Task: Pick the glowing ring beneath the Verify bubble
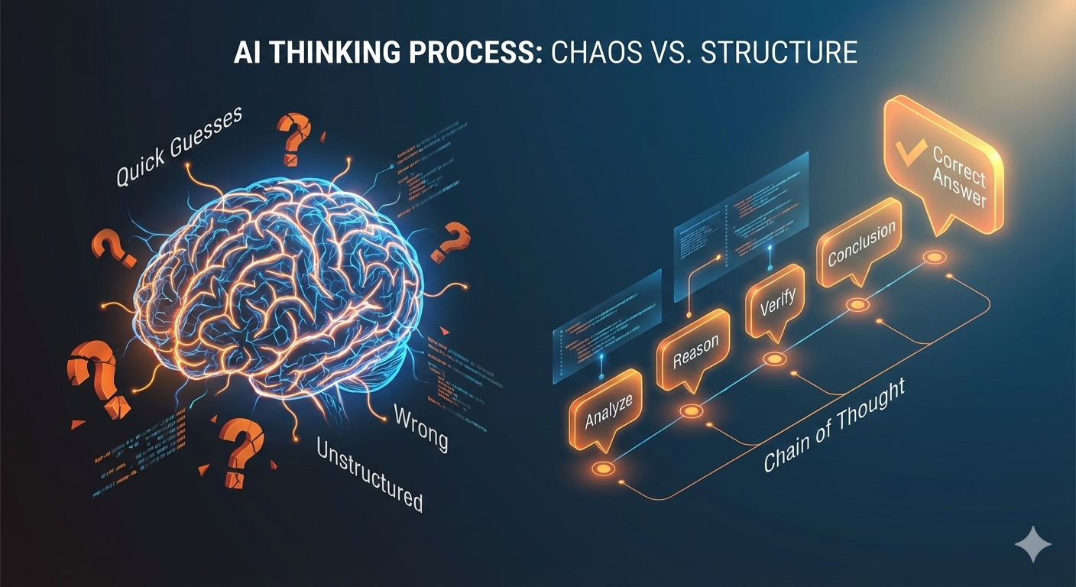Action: (x=773, y=358)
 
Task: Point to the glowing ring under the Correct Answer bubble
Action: (x=933, y=258)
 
